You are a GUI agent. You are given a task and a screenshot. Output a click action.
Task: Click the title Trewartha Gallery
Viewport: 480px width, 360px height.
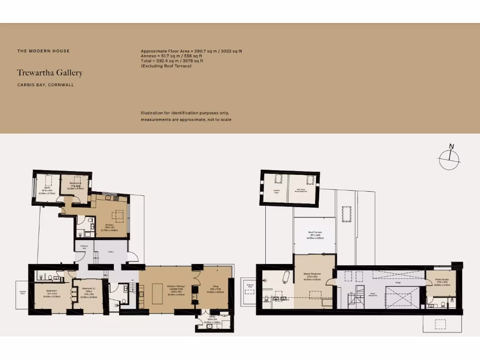50,73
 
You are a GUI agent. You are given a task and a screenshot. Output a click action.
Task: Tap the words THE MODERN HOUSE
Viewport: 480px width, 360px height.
43,51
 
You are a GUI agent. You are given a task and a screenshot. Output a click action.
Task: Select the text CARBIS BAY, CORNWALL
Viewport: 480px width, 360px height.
45,85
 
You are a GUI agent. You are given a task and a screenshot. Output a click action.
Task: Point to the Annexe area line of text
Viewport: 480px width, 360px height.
171,56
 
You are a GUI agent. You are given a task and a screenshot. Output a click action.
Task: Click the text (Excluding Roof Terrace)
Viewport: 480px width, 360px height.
166,66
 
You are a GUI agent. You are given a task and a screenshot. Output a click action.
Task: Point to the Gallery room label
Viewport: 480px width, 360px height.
111,252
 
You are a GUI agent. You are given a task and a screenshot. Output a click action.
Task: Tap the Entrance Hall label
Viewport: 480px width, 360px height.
84,247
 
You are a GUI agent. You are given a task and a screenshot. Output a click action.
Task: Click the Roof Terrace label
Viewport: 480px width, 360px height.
315,234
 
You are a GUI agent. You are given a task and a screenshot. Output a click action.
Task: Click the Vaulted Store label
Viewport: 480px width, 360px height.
277,191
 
